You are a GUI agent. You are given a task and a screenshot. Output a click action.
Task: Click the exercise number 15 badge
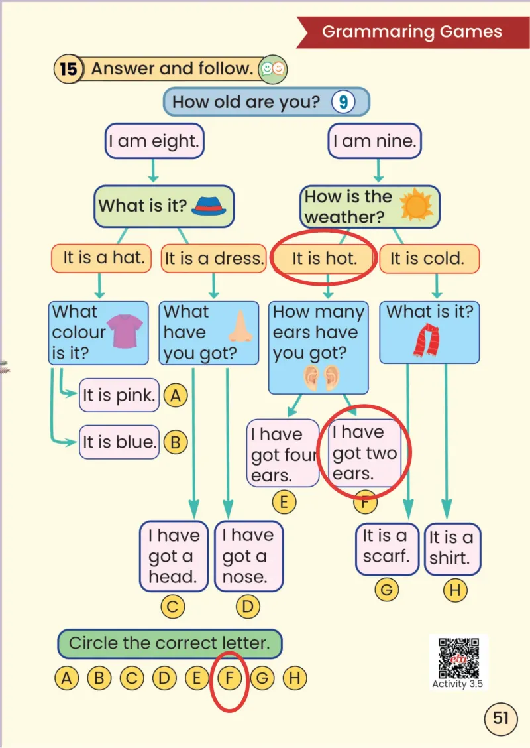69,69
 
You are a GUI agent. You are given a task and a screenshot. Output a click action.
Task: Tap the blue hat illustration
209,206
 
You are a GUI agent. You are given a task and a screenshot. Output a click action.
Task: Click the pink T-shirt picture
125,331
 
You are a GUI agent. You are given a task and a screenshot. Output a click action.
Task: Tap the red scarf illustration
427,340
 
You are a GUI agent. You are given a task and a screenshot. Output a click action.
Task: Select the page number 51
500,718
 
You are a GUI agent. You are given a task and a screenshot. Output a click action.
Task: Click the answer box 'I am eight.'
154,141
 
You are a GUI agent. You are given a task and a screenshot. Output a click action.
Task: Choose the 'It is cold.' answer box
429,259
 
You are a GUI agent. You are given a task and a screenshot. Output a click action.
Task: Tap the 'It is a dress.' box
213,259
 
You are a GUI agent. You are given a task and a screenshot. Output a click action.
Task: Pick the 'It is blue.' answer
119,442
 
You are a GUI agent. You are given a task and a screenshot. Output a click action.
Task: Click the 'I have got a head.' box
174,556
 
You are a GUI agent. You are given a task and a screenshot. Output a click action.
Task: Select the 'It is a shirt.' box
452,548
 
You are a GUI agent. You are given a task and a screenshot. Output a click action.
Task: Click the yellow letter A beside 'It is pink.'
176,395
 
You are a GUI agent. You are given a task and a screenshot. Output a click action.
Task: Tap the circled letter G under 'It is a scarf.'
386,590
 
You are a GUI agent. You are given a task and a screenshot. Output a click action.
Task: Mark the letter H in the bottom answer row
295,678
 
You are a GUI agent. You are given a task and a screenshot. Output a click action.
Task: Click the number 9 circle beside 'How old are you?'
343,102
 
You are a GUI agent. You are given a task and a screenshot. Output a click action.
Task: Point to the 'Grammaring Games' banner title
412,31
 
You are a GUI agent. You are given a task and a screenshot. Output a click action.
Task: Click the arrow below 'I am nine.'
378,170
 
